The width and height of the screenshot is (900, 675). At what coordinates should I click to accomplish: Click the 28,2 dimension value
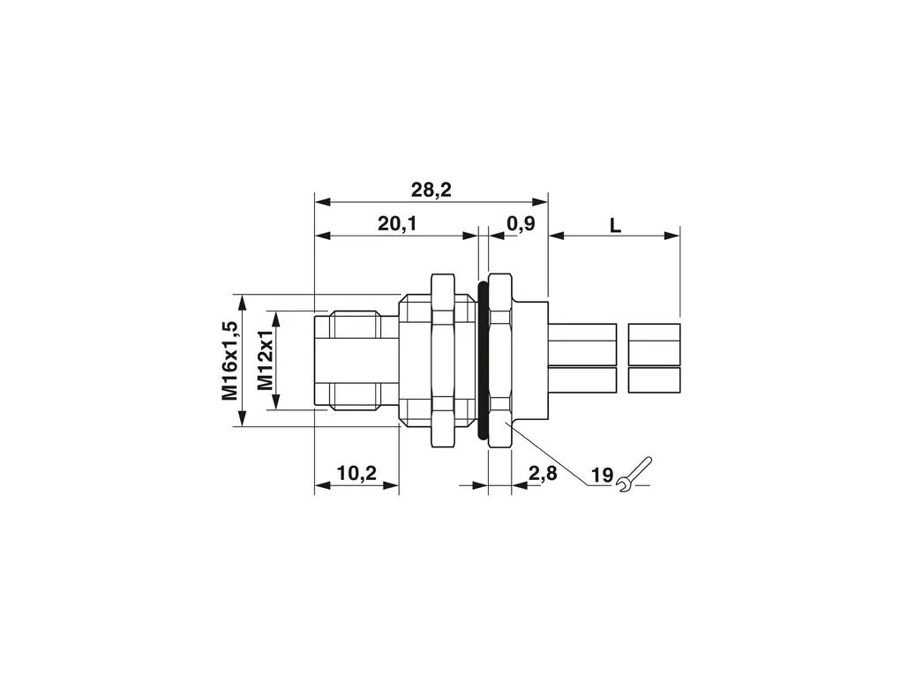pyautogui.click(x=431, y=190)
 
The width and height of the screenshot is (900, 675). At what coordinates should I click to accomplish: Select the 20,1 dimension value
pyautogui.click(x=397, y=224)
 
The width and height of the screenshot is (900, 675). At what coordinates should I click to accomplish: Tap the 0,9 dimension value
pyautogui.click(x=521, y=223)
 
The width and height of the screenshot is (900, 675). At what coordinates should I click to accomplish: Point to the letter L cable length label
pyautogui.click(x=615, y=226)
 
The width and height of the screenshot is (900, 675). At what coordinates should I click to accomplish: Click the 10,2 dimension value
pyautogui.click(x=356, y=474)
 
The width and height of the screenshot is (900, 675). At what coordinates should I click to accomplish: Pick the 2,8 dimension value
pyautogui.click(x=543, y=474)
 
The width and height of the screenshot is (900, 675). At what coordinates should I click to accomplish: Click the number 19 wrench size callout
pyautogui.click(x=602, y=476)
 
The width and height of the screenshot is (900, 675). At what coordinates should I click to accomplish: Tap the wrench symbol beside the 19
pyautogui.click(x=634, y=474)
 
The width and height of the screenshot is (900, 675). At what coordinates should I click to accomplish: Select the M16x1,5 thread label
pyautogui.click(x=229, y=361)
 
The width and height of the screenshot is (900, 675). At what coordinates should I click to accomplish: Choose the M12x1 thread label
pyautogui.click(x=266, y=361)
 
